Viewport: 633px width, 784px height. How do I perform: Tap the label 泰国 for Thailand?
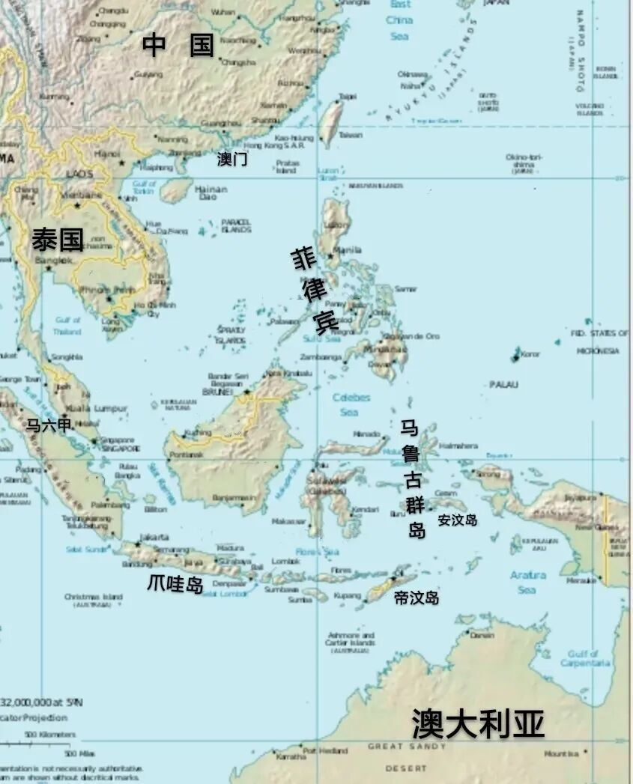tap(57, 240)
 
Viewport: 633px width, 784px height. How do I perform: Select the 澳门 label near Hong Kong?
tap(232, 159)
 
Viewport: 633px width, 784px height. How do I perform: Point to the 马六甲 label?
tap(49, 425)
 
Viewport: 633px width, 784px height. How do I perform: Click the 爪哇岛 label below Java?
tap(175, 584)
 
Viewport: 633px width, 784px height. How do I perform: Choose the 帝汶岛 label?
tap(417, 598)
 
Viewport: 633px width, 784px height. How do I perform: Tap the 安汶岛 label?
tap(457, 519)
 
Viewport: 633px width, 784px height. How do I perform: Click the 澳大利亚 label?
tap(478, 724)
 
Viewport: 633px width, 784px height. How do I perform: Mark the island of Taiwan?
tap(330, 121)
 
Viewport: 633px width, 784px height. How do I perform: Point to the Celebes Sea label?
tap(351, 404)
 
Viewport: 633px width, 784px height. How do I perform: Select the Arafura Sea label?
tap(527, 582)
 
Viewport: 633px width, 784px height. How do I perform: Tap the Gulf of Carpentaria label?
tap(584, 658)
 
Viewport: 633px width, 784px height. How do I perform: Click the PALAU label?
tap(503, 384)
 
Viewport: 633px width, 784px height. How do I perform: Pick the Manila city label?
tap(345, 250)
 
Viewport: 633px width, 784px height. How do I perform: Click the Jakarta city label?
tap(154, 537)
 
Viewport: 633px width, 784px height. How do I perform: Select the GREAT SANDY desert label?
tap(406, 747)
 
